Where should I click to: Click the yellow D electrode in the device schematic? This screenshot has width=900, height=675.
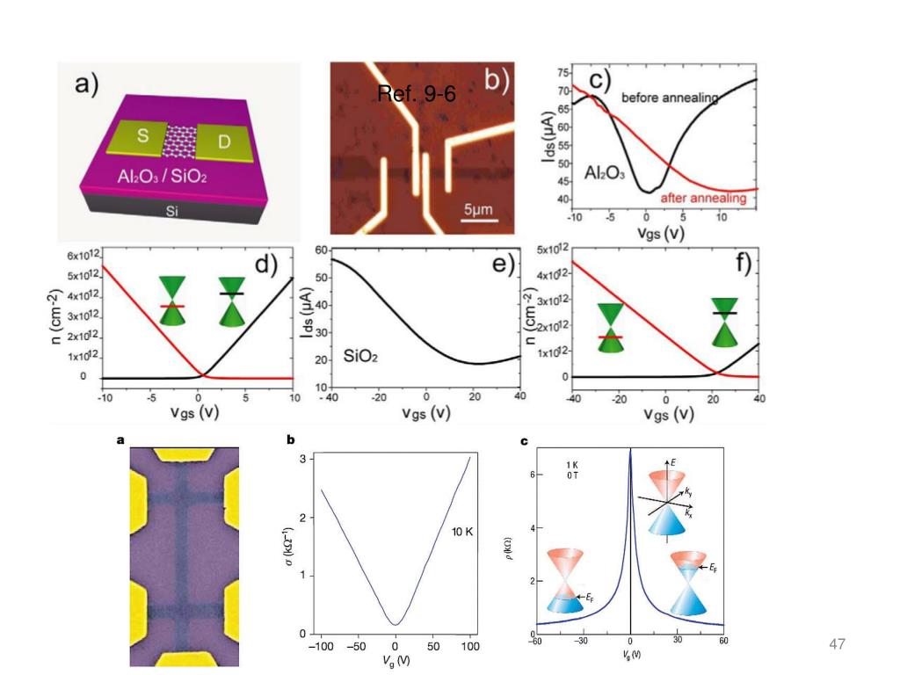(221, 142)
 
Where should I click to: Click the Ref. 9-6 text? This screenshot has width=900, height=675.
(416, 94)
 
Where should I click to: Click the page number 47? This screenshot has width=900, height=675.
(836, 645)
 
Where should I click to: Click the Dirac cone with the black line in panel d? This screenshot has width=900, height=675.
(233, 301)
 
